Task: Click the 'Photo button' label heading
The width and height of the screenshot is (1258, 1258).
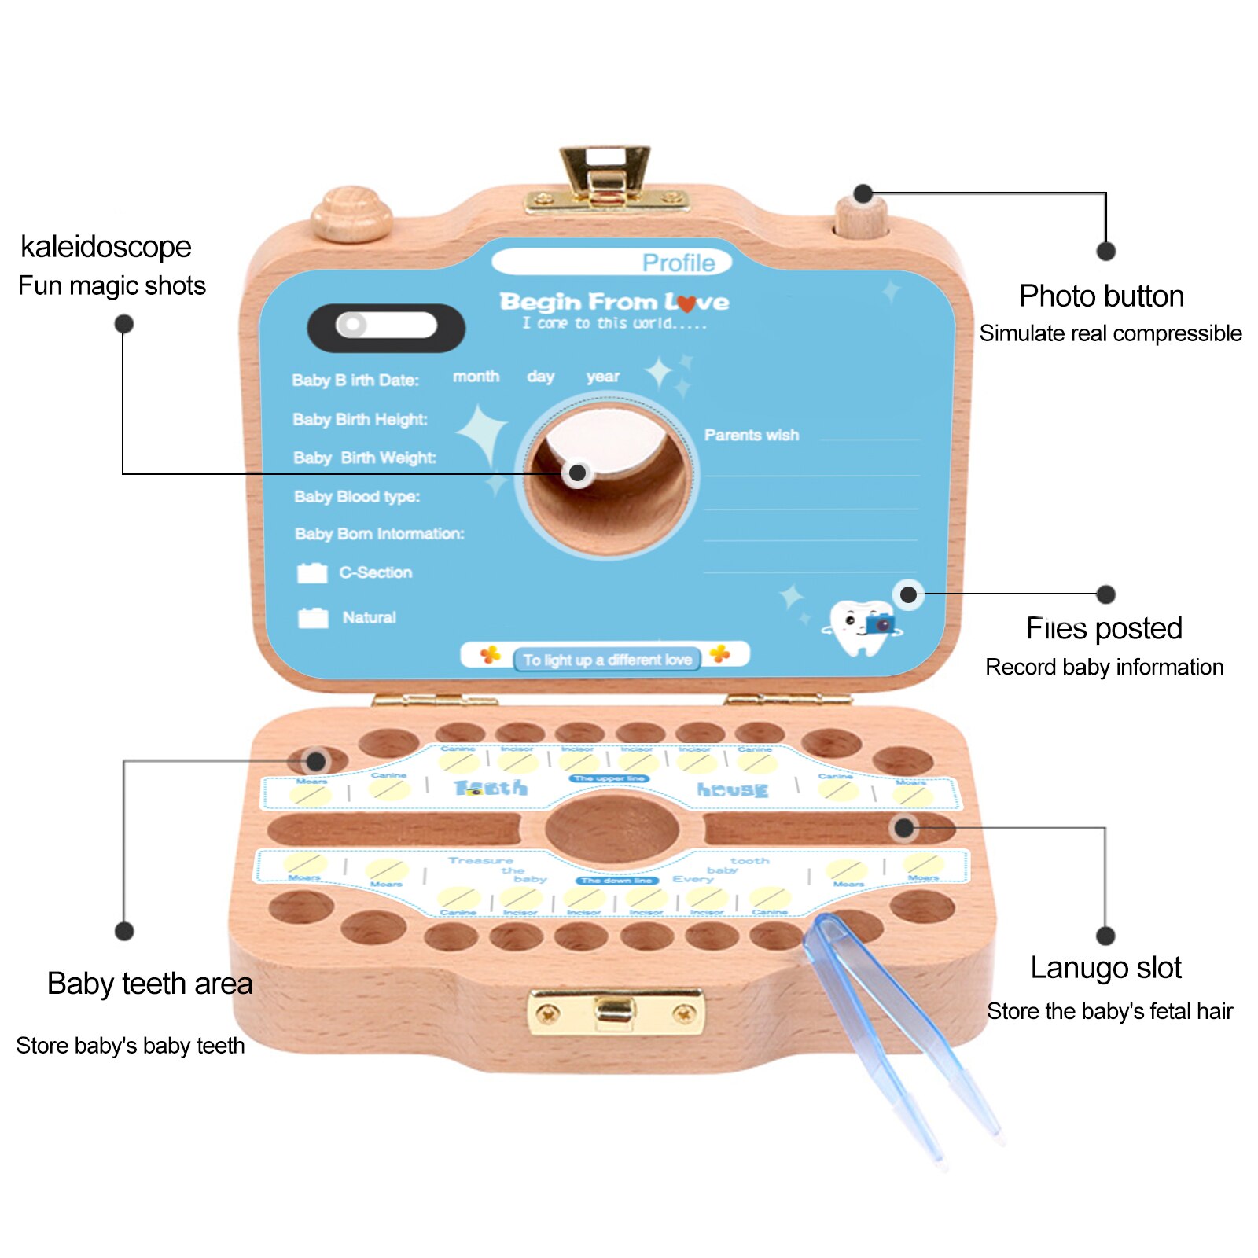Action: tap(1101, 296)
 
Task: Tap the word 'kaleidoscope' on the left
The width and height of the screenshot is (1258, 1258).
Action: tap(105, 247)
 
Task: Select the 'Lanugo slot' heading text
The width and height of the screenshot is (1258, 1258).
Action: tap(1105, 968)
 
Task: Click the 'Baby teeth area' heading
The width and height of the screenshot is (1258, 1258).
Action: tap(149, 984)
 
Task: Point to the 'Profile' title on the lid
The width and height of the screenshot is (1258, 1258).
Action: tap(678, 263)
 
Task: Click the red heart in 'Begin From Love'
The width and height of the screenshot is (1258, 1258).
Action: tap(686, 303)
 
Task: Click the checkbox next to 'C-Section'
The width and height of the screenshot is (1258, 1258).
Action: tap(312, 573)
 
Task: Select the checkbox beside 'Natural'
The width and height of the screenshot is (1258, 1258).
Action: tap(313, 618)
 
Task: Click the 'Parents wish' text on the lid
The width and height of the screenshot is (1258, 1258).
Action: tap(751, 435)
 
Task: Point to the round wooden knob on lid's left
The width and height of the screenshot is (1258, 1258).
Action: tap(351, 213)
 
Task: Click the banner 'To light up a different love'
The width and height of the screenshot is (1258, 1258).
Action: tap(606, 659)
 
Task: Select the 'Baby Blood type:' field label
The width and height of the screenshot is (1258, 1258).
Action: tap(356, 496)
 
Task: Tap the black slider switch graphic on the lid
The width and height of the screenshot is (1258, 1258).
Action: tap(385, 327)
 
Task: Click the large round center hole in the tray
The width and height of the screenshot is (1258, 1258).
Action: tap(612, 829)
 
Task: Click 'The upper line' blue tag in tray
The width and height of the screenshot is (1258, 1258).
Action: tap(609, 778)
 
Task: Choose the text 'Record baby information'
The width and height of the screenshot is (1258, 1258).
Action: tap(1104, 667)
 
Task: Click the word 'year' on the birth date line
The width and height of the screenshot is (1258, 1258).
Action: tap(602, 377)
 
